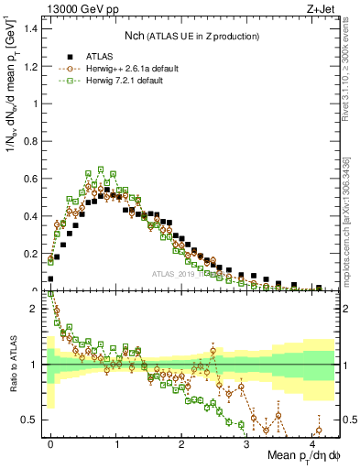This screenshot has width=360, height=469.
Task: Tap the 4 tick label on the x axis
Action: point(312,443)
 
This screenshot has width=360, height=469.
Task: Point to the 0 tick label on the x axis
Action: point(51,443)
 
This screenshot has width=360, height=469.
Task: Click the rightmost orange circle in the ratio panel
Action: point(319,431)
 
